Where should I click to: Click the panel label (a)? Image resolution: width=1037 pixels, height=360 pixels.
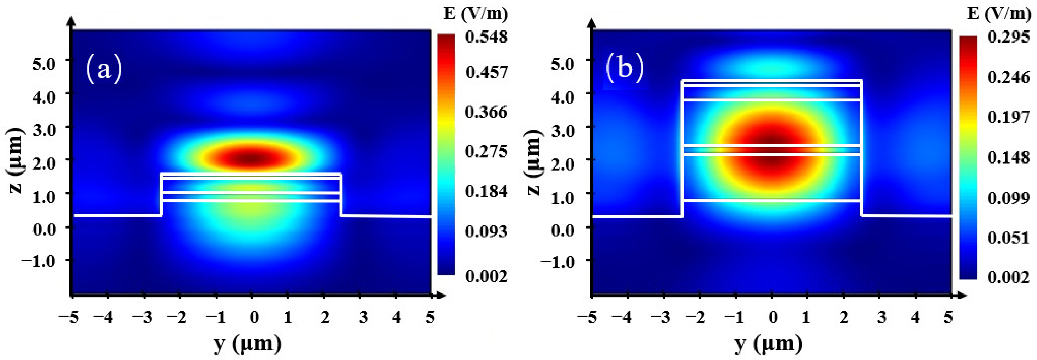tap(104, 70)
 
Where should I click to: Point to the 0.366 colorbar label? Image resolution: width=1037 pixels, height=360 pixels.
tap(486, 112)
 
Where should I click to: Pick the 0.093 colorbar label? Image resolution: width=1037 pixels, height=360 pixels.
tap(486, 231)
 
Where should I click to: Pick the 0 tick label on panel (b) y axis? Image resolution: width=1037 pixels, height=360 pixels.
tap(772, 317)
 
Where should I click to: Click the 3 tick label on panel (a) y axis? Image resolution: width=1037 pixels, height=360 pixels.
tap(363, 317)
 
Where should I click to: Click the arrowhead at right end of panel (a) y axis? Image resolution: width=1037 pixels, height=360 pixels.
tap(442, 296)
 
